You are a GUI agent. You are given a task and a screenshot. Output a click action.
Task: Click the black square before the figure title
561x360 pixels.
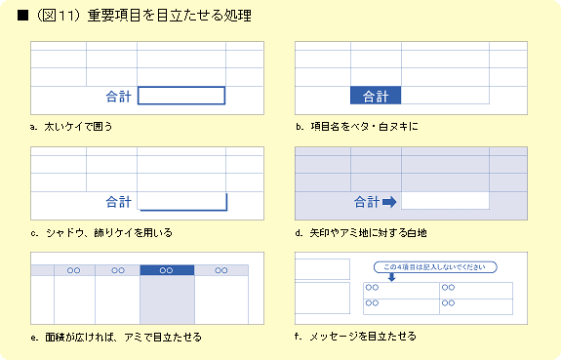[x=22, y=16]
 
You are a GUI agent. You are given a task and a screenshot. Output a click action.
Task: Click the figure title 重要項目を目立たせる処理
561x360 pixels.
[x=169, y=16]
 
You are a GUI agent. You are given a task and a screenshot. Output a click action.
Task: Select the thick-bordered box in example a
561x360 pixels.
[x=181, y=87]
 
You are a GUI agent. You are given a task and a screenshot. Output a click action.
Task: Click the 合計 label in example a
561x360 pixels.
[x=119, y=97]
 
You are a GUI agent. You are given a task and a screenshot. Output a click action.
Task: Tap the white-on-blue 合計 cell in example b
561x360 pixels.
[x=376, y=96]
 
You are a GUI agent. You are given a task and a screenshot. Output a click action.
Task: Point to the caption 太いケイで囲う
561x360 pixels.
[x=78, y=126]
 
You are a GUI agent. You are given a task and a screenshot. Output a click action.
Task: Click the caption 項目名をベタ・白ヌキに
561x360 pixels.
[x=364, y=126]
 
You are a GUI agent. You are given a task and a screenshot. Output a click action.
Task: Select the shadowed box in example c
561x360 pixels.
[x=226, y=202]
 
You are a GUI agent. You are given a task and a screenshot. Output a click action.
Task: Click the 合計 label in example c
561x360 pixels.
[x=119, y=202]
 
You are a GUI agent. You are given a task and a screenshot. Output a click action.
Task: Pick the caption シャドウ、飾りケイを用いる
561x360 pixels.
[x=109, y=233]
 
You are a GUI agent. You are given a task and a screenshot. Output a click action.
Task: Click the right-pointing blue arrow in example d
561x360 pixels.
[x=389, y=202]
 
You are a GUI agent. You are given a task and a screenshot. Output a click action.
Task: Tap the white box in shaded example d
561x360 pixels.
[x=445, y=201]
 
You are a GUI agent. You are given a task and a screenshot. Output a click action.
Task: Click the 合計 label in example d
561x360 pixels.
[x=367, y=202]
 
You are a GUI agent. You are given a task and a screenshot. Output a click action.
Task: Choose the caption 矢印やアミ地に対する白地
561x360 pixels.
[x=368, y=233]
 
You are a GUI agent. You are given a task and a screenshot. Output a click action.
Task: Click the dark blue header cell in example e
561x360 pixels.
[x=167, y=270]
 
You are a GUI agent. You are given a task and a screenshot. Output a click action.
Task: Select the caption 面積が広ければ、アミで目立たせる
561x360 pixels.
[x=124, y=338]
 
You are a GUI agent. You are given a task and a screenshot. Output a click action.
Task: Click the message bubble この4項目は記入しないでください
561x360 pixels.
[x=435, y=267]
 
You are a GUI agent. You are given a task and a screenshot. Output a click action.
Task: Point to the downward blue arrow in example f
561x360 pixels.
[x=392, y=277]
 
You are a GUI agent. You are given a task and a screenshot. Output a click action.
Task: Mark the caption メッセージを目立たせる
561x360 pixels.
[x=363, y=337]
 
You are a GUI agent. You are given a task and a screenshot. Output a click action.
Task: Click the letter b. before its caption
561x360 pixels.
[x=300, y=126]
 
